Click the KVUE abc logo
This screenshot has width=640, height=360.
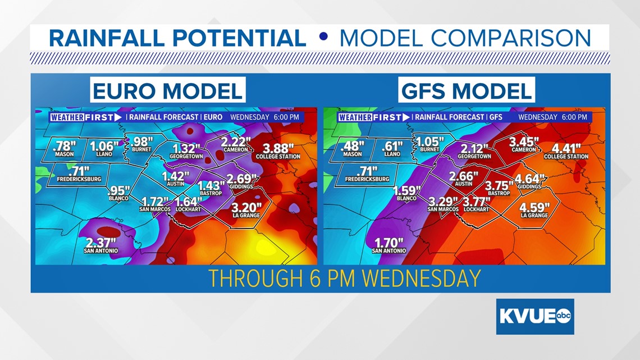click(x=534, y=317)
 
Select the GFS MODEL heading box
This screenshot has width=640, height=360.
click(x=467, y=90)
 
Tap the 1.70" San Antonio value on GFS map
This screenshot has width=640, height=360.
click(x=388, y=243)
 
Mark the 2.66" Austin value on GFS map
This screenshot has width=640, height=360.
click(x=464, y=176)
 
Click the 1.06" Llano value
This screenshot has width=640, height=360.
click(x=104, y=146)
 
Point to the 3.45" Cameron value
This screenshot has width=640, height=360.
click(x=524, y=142)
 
